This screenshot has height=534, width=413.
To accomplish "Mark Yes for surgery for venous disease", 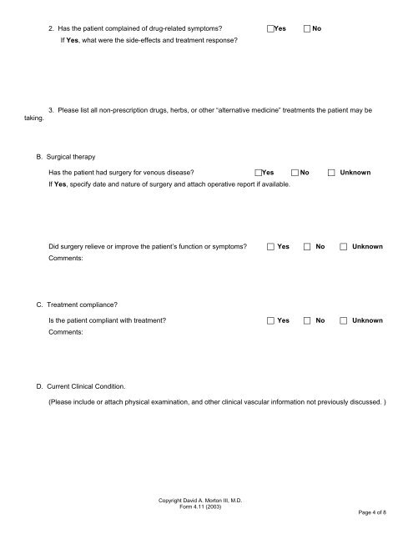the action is click(259, 173).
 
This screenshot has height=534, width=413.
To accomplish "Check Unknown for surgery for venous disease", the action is click(332, 173).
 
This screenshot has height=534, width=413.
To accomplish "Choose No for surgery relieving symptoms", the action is click(308, 247).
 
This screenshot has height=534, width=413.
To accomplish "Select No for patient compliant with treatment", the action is click(308, 320).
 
